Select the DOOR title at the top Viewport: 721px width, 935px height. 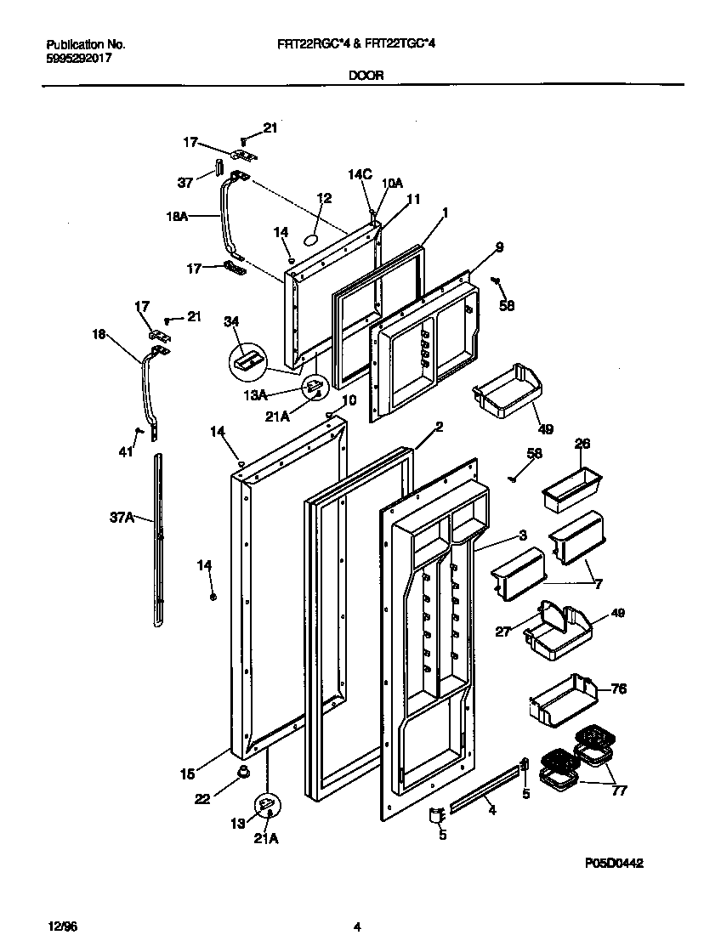[365, 75]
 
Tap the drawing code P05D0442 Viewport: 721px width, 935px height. [613, 863]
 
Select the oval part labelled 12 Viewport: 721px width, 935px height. [312, 241]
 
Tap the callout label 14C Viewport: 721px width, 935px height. [360, 175]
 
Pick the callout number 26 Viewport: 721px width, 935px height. [582, 443]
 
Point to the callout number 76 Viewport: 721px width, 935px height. [619, 688]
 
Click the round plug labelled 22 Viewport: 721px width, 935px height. [243, 771]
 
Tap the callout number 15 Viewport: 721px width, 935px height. [187, 773]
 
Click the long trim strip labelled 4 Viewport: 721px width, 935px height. [485, 790]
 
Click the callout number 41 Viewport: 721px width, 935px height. [126, 453]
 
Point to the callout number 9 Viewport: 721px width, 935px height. [499, 247]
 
